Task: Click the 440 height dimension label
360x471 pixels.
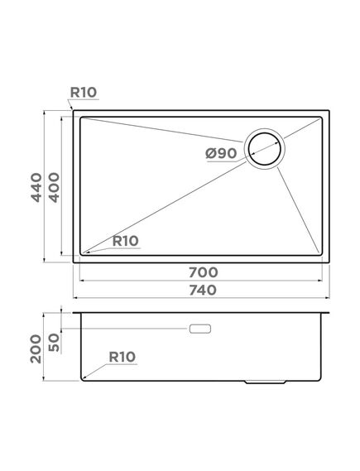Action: click(36, 187)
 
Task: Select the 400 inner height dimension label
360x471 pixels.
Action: click(54, 187)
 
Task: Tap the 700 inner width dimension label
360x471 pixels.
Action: click(204, 272)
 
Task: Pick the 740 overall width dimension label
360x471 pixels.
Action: click(203, 291)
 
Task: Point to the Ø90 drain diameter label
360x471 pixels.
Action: click(221, 153)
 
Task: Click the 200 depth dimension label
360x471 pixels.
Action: click(36, 348)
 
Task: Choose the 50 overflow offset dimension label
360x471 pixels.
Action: click(54, 343)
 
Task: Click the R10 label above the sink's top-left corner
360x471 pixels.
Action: click(84, 92)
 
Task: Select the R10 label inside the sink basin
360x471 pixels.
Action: click(126, 241)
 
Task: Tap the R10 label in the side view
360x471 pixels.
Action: click(122, 357)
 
